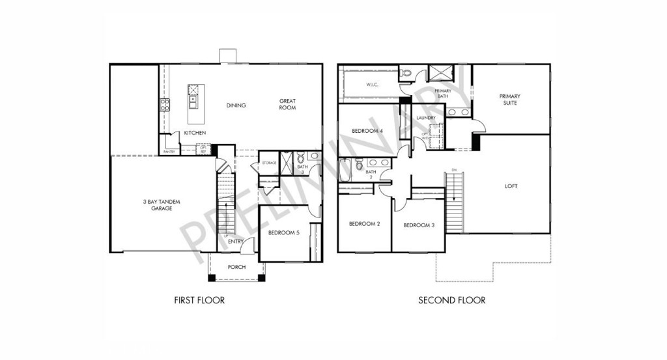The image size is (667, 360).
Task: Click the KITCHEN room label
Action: tap(195, 133)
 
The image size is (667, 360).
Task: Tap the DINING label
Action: tap(236, 105)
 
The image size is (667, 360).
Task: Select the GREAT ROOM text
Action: tap(287, 104)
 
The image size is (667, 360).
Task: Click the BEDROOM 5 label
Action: tap(283, 232)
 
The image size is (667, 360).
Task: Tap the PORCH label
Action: tap(236, 267)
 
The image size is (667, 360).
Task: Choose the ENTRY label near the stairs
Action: tap(236, 242)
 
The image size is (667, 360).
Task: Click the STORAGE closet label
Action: tap(269, 163)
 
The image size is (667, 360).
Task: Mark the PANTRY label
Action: tap(169, 152)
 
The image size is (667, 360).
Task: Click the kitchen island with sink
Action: tap(194, 103)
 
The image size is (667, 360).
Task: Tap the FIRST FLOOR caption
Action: tap(199, 301)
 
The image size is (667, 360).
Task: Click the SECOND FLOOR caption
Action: tap(451, 301)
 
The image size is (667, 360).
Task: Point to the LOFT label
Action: tap(511, 186)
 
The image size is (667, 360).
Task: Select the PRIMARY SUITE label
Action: tap(510, 100)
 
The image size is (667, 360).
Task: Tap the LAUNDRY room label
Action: tap(426, 118)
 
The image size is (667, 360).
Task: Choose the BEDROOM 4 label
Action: tap(367, 131)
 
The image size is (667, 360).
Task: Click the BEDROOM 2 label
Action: tap(364, 224)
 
